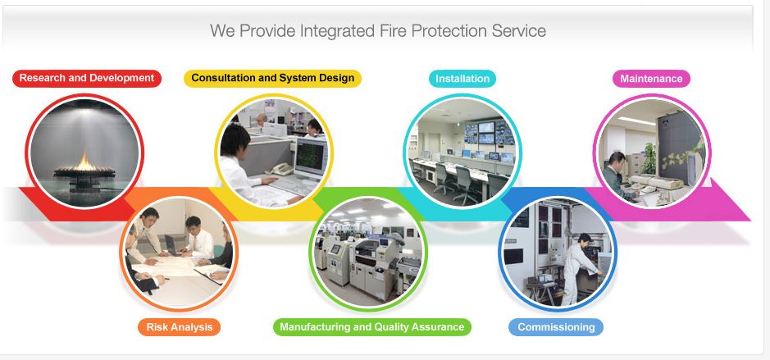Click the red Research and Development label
(86, 79)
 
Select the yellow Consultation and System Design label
(272, 79)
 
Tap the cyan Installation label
(462, 79)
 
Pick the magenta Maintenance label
(651, 79)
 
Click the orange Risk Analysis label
(179, 327)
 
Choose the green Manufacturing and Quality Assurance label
(371, 327)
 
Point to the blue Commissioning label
(556, 327)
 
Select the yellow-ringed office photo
(273, 152)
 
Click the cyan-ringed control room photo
(462, 152)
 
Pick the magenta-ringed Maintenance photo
(651, 152)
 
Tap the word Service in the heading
(518, 31)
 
